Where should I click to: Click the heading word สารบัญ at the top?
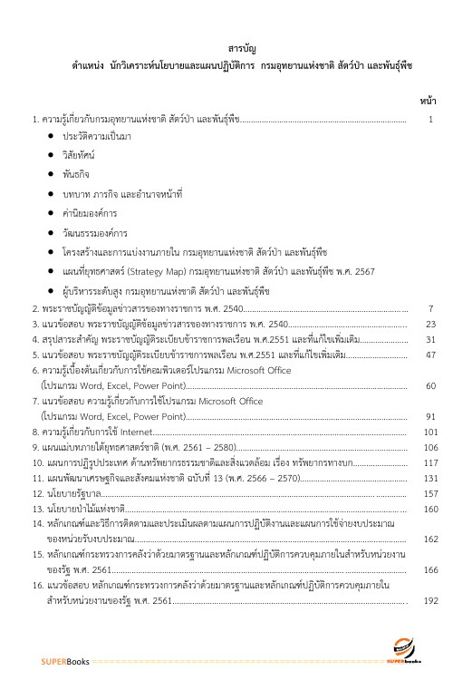coord(236,48)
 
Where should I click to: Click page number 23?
coord(431,324)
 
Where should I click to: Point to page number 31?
coord(431,339)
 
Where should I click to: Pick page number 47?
coord(431,355)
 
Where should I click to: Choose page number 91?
coord(431,416)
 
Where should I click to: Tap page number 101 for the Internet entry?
coord(431,432)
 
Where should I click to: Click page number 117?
coord(431,462)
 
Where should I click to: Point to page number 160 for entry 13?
coord(431,509)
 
